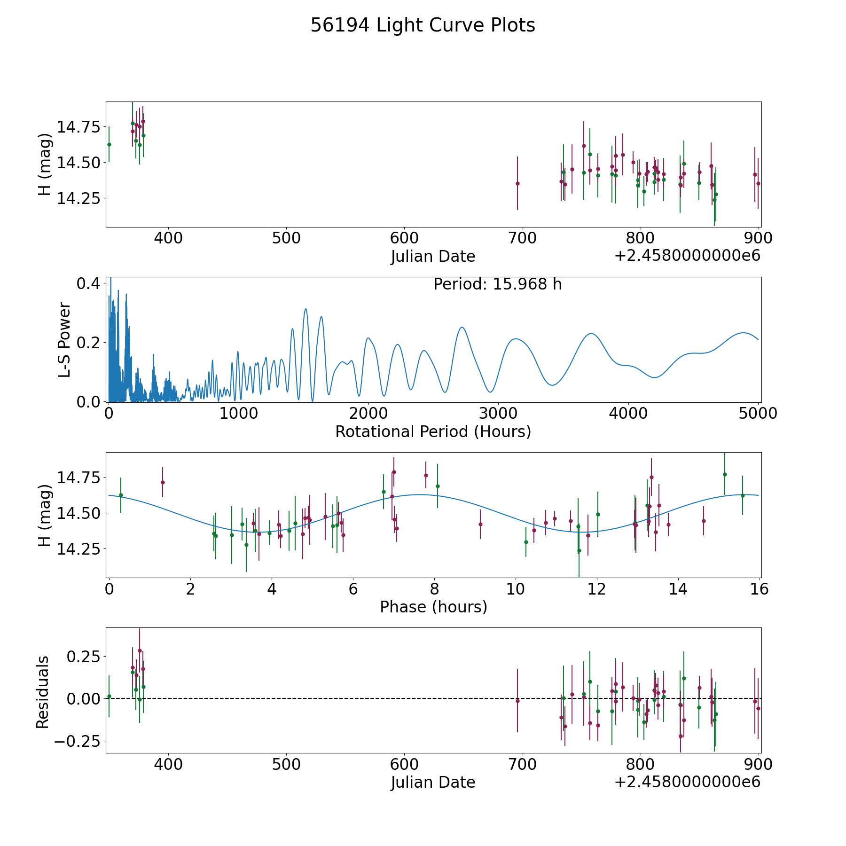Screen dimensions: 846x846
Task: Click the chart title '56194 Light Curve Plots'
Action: (x=423, y=25)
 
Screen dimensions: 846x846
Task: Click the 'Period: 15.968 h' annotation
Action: (x=497, y=284)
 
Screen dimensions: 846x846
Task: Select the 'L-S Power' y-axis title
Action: (x=64, y=340)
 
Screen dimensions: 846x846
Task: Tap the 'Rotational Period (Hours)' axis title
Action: (x=433, y=431)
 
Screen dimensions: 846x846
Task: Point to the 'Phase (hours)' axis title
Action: (x=433, y=607)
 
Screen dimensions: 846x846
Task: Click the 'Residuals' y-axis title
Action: (x=43, y=692)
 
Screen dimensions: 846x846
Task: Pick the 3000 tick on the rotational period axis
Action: (x=498, y=413)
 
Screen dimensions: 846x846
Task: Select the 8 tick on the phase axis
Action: (x=434, y=589)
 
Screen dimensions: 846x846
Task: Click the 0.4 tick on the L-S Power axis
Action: (x=88, y=283)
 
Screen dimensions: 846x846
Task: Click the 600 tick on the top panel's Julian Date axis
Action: (x=404, y=238)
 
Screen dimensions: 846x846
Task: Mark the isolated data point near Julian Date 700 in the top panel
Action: (x=517, y=183)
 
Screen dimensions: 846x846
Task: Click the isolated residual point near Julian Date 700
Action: (x=517, y=701)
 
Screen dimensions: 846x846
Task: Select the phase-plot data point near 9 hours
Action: (x=480, y=524)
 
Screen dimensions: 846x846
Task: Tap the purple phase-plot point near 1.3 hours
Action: (x=163, y=482)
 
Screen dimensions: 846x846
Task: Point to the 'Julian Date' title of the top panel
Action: (x=433, y=257)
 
